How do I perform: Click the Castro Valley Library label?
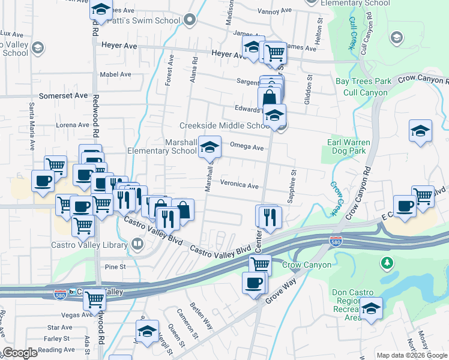point(89,244)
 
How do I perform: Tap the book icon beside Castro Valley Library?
point(137,244)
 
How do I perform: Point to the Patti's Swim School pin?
point(190,21)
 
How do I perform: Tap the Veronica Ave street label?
point(239,185)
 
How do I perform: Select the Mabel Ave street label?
point(116,74)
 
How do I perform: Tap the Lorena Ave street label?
point(72,125)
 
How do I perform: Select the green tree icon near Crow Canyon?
point(387,262)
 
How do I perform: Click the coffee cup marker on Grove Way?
point(253,283)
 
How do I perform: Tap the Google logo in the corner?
point(20,353)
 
